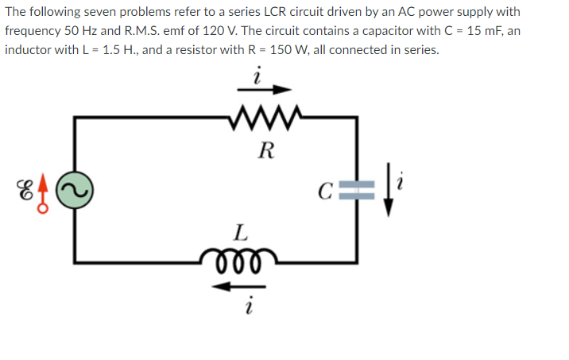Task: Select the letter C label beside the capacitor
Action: click(x=323, y=191)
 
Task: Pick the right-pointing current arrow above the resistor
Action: click(x=262, y=90)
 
